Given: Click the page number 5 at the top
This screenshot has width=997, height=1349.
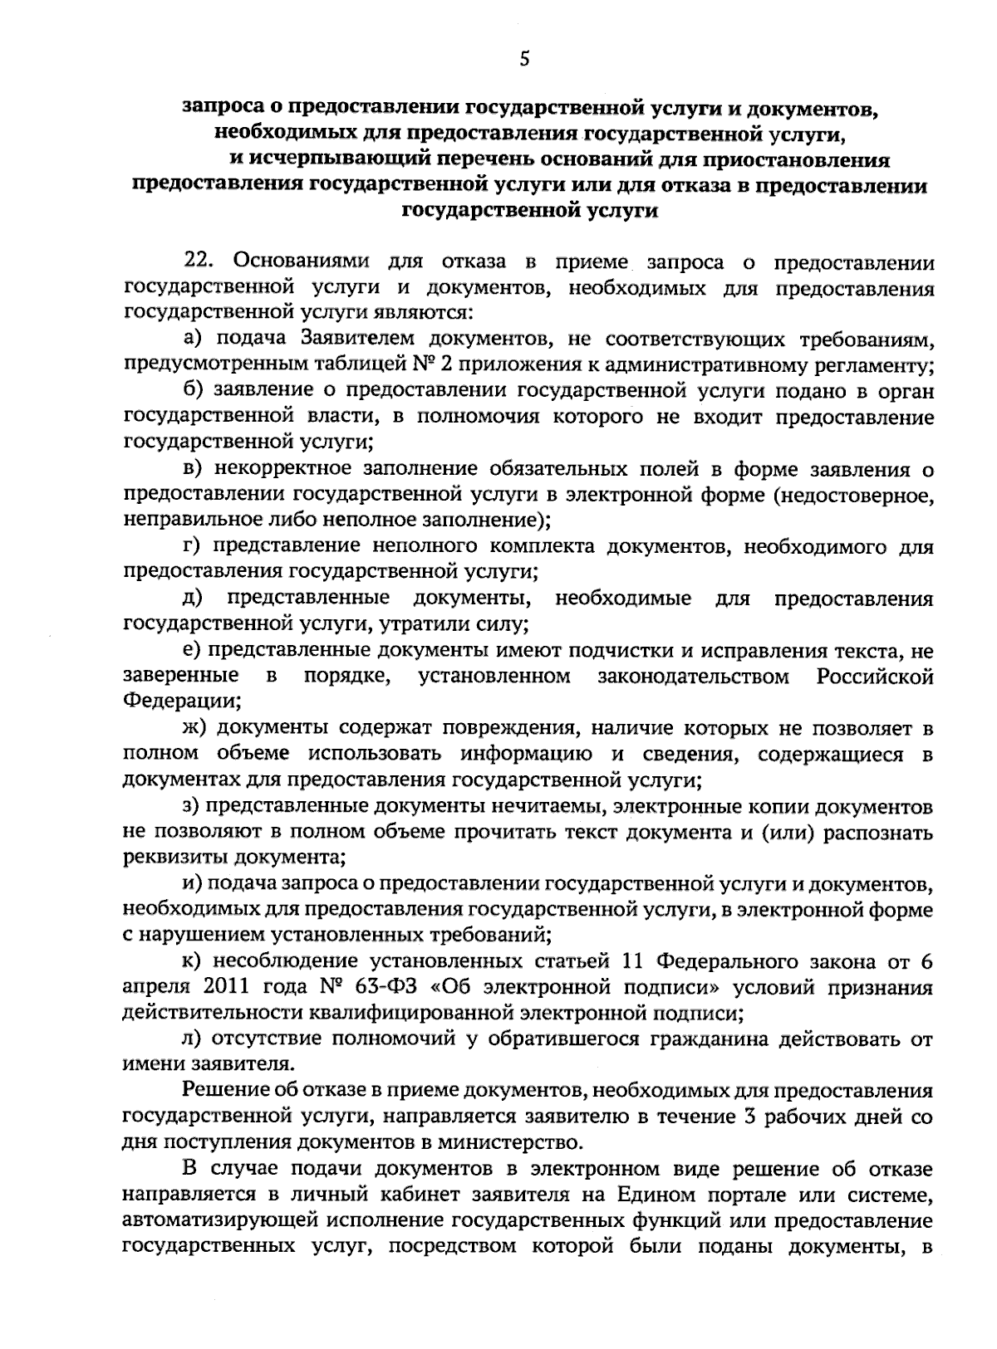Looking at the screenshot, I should click(x=523, y=58).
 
